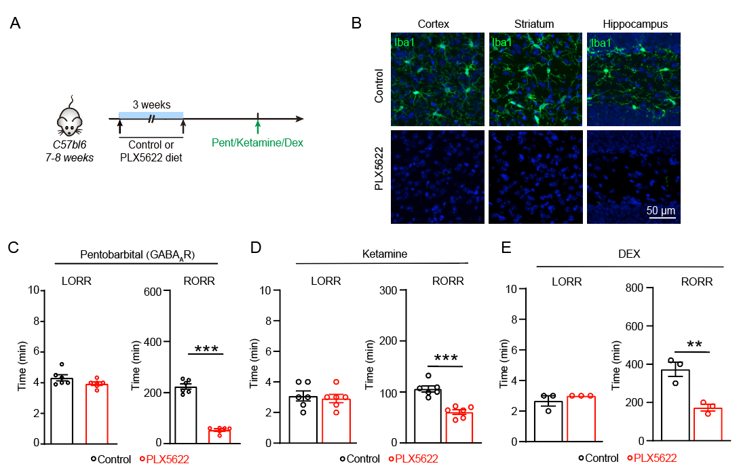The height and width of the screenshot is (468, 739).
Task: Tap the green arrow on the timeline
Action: pyautogui.click(x=257, y=126)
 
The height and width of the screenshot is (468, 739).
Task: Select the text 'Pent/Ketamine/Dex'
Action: pyautogui.click(x=257, y=143)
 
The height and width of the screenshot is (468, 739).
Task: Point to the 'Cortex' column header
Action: pyautogui.click(x=433, y=24)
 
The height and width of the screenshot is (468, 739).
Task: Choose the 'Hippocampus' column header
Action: pyautogui.click(x=635, y=24)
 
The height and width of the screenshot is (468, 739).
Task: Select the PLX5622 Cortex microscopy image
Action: pyautogui.click(x=438, y=176)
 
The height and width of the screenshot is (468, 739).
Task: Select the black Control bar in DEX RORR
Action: pyautogui.click(x=676, y=406)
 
